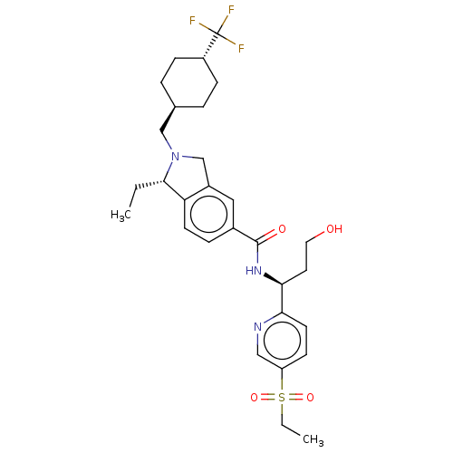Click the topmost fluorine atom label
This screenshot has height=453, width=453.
[231, 10]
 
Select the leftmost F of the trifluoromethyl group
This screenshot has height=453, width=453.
[192, 21]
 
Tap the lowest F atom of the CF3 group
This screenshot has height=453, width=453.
[241, 48]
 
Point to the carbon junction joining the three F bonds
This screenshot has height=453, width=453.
[218, 33]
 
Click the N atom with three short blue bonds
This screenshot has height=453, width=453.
[176, 157]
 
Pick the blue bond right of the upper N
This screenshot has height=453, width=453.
[188, 157]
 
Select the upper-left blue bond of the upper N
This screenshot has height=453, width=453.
[169, 145]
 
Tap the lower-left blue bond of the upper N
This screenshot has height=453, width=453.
[169, 169]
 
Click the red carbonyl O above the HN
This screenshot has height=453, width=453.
[282, 229]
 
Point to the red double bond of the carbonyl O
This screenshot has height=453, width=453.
[272, 234]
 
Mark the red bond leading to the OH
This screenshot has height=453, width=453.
[320, 236]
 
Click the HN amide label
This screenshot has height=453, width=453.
[254, 270]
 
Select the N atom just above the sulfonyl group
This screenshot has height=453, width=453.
[257, 327]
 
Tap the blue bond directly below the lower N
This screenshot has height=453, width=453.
[257, 339]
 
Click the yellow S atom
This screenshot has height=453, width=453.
[282, 398]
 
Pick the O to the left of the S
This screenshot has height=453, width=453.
[255, 398]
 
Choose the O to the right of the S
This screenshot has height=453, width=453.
[310, 398]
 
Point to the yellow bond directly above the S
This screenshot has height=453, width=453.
[282, 384]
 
